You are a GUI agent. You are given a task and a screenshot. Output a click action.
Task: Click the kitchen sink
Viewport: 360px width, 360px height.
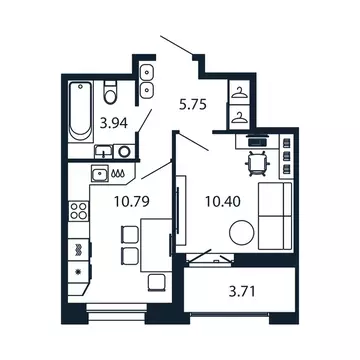pyautogui.click(x=99, y=174)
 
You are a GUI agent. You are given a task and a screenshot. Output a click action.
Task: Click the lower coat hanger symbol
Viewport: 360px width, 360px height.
pyautogui.click(x=241, y=116)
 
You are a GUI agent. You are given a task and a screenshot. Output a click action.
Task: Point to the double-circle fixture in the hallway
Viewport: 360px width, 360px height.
pyautogui.click(x=148, y=81)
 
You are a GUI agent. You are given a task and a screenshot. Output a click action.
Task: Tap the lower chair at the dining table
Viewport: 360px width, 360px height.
pyautogui.click(x=127, y=257)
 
